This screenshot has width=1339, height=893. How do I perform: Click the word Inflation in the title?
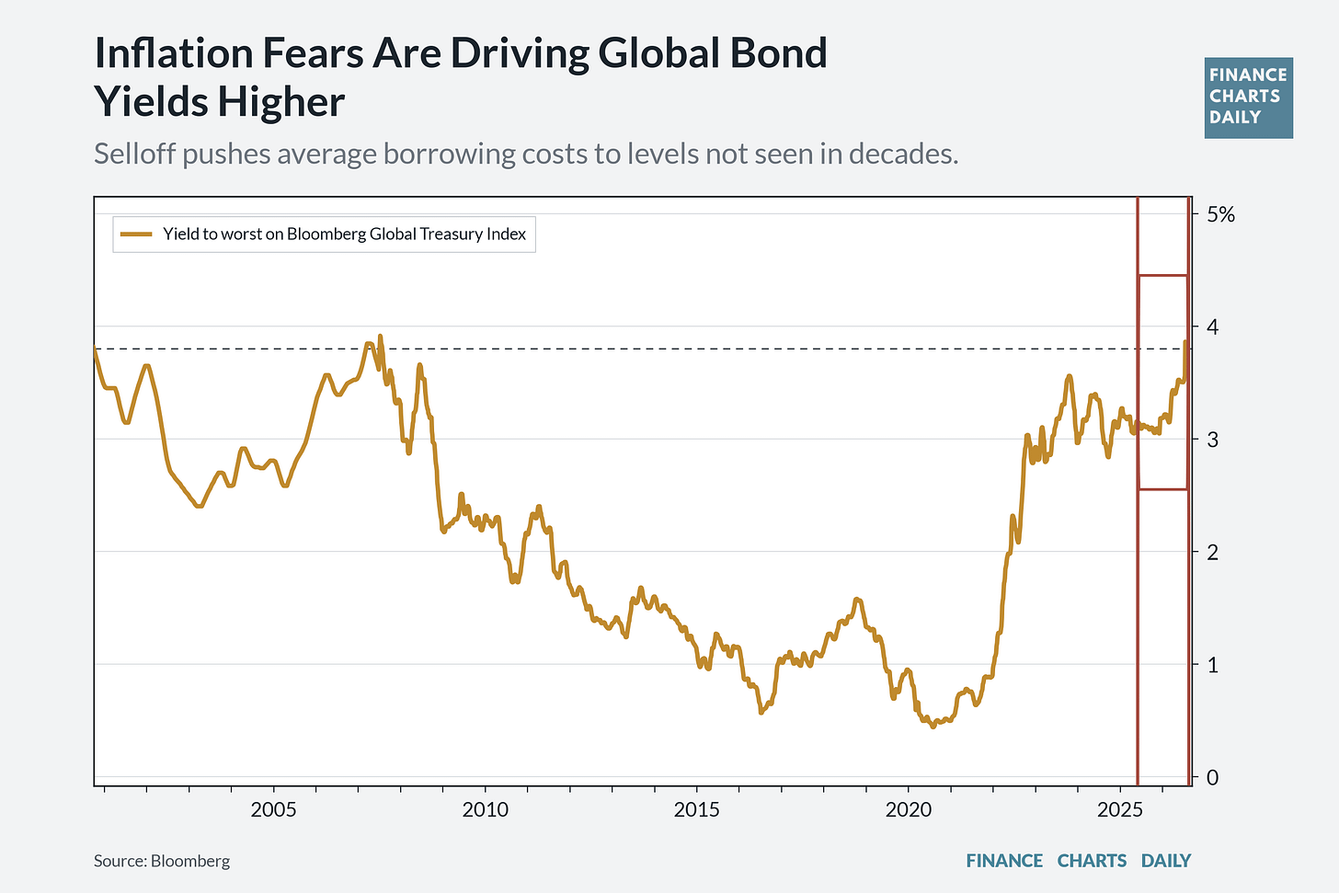coord(174,52)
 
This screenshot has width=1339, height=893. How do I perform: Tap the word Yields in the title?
coord(152,101)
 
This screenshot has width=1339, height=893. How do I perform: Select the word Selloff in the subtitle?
coord(134,154)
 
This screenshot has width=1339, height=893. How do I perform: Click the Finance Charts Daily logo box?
coord(1249,98)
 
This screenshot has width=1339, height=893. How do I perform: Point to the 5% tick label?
coord(1220,214)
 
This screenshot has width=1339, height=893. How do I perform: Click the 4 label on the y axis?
coord(1213,327)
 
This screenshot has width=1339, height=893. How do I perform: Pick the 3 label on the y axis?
coord(1213,440)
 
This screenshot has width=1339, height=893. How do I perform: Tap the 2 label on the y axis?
coord(1213,552)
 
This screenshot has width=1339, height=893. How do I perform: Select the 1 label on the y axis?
coord(1213,664)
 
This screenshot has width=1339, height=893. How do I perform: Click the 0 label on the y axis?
coord(1213,777)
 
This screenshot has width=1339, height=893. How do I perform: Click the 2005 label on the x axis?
coord(273,810)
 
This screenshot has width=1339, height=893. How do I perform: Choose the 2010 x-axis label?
coord(485,810)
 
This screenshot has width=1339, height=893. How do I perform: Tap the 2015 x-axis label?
coord(696,810)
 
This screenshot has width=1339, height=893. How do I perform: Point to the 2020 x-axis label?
coord(908,810)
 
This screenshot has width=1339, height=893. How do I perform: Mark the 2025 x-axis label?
coord(1119,810)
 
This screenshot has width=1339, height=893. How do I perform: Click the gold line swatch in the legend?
coord(136,235)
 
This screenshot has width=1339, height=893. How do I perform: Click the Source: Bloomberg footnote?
coord(162,861)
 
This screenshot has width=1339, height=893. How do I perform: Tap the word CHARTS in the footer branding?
coord(1092,861)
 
